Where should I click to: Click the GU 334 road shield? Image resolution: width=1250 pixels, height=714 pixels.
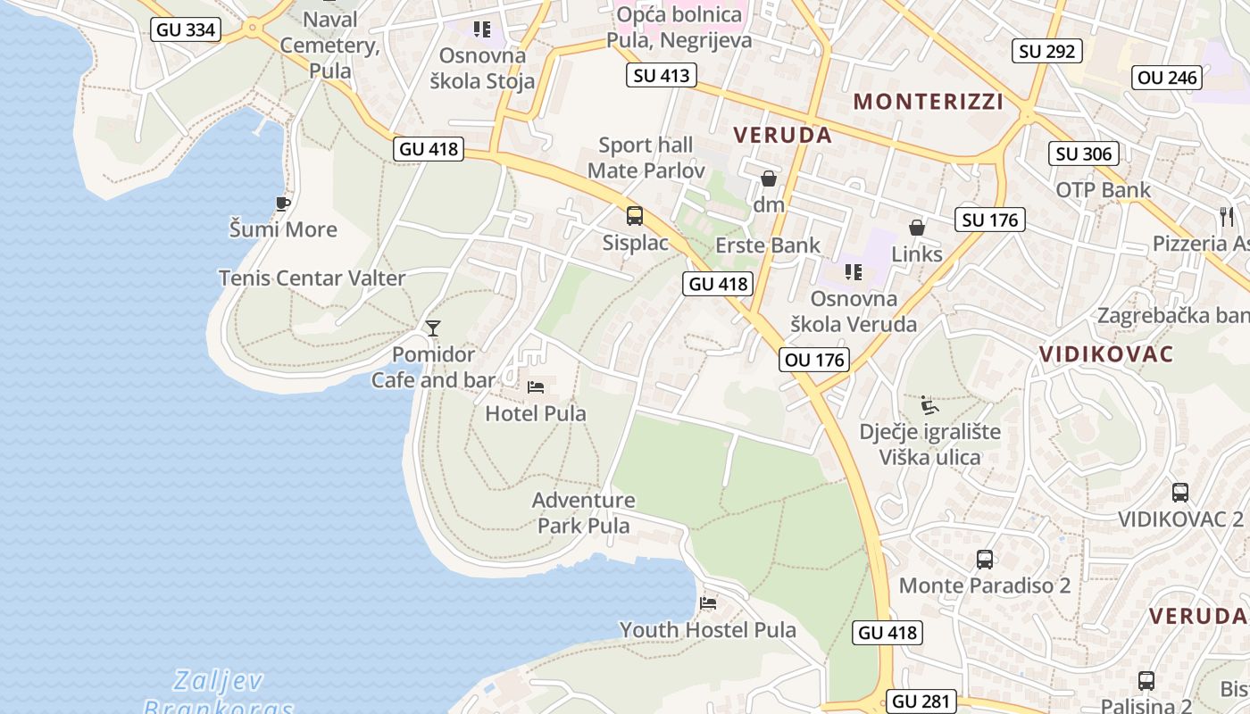186,29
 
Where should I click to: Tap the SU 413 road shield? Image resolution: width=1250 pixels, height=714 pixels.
662,75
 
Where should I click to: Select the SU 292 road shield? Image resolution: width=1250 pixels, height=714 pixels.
1047,51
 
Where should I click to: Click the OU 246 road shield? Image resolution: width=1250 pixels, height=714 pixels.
1167,78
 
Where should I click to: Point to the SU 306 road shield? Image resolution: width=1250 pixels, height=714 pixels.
1084,154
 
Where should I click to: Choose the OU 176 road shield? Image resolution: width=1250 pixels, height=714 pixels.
812,360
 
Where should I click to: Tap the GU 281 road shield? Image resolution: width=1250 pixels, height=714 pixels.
922,702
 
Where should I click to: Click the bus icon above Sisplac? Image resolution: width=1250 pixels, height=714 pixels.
635,215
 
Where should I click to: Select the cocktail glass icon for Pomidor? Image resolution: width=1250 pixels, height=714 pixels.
433,328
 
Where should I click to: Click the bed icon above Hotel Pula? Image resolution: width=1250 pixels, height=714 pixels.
536,386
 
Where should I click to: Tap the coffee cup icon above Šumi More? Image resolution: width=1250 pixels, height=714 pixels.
283,203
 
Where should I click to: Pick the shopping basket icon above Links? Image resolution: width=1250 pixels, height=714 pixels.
917,228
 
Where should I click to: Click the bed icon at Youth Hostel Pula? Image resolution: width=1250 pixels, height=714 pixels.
708,603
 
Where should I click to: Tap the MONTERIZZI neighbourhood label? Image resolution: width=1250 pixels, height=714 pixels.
929,102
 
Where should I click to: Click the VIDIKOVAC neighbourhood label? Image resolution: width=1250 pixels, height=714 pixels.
1106,354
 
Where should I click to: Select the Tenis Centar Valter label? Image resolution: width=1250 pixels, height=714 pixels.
312,278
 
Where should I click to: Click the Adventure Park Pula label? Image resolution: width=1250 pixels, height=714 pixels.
584,512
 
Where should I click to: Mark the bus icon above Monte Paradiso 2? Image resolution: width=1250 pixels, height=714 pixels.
985,560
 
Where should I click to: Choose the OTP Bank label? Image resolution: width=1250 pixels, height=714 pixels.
1104,190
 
